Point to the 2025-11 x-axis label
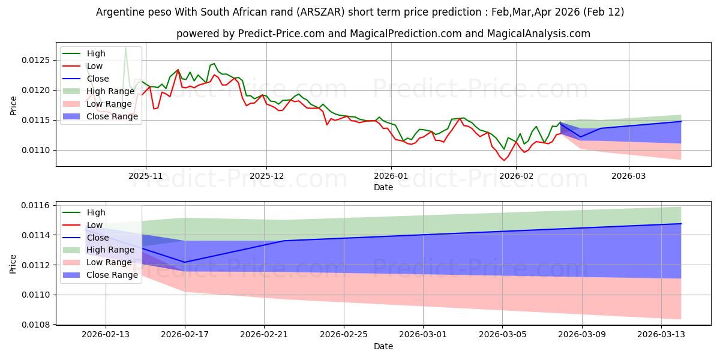tap(145, 176)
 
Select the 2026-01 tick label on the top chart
tap(391, 176)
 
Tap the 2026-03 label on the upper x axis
tap(629, 176)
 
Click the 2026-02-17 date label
tap(185, 335)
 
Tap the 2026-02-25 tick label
tap(344, 335)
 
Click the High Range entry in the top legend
tap(110, 91)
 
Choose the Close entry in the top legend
tap(98, 79)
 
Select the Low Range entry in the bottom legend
tap(110, 262)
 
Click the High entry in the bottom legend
tap(96, 212)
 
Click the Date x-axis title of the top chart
tap(383, 187)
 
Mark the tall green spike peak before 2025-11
tap(125, 47)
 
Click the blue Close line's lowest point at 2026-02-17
tap(185, 262)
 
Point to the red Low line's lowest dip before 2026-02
tap(504, 160)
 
